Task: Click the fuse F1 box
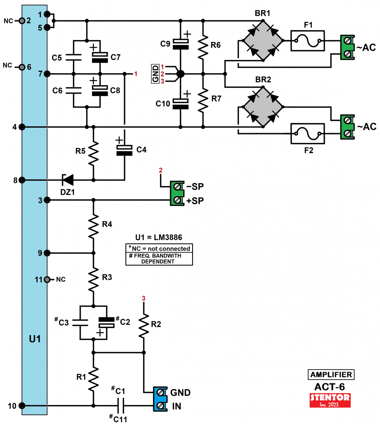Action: click(x=307, y=41)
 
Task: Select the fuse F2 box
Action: click(x=307, y=134)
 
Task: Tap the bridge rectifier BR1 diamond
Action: click(x=262, y=41)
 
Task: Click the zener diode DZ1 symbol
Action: click(x=68, y=180)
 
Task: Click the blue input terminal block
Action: click(x=160, y=399)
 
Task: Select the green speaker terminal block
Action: click(x=178, y=193)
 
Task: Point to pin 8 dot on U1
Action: click(x=22, y=180)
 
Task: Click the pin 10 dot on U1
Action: click(x=22, y=406)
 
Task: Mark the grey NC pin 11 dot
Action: click(x=47, y=279)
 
